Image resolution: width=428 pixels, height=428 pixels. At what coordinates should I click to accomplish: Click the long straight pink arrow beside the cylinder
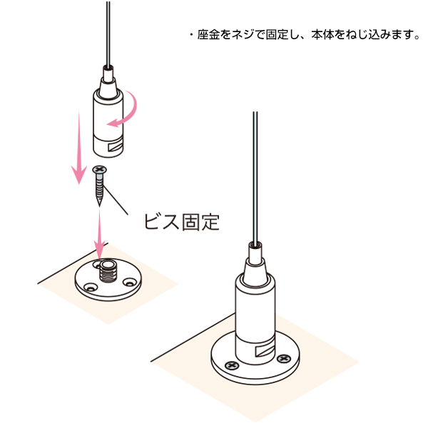coord(79,148)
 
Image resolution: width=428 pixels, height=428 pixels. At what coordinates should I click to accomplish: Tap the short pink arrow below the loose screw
coord(99,235)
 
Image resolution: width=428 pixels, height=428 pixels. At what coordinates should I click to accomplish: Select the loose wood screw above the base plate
coord(99,185)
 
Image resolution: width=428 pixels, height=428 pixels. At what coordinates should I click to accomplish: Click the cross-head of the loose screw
coord(99,169)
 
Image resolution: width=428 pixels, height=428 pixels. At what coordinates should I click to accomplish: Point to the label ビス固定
coord(181,222)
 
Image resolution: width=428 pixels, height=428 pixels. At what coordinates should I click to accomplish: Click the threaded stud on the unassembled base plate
coord(108,271)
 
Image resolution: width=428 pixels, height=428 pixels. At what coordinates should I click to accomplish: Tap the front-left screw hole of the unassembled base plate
coord(91,287)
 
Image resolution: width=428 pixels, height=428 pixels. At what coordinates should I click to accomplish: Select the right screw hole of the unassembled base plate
coord(129,282)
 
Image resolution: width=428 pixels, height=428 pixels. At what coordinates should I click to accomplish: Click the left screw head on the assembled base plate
coord(231,365)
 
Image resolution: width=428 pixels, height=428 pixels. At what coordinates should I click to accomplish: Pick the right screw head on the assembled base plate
coord(284,359)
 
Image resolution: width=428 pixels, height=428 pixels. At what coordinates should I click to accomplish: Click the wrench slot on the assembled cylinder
coord(265,350)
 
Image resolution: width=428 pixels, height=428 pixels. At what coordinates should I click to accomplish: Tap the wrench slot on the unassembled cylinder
coord(115,146)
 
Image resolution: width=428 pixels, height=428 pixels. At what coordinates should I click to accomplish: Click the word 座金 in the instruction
coord(208,35)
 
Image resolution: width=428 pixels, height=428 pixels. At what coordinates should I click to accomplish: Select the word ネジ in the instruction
coord(243,35)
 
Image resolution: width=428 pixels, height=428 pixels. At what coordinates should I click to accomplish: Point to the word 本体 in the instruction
coord(323,35)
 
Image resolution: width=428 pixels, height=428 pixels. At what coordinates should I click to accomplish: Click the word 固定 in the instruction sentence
coord(277,35)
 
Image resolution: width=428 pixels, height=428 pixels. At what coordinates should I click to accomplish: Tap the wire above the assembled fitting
coord(255,178)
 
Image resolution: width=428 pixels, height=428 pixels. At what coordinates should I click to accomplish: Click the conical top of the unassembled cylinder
coord(108,87)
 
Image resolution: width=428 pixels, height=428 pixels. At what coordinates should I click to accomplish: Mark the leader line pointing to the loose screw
coord(116,200)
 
